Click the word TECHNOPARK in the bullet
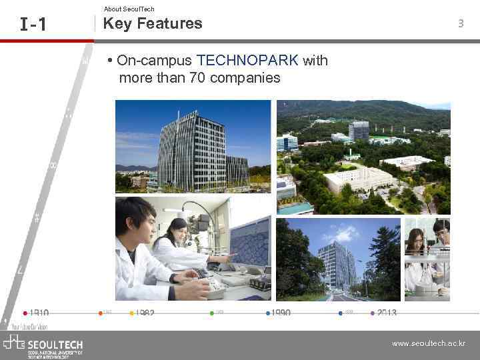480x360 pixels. click(248, 61)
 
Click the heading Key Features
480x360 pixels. click(153, 23)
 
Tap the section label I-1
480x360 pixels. click(33, 25)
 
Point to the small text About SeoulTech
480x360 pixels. click(129, 9)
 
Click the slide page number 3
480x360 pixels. click(460, 24)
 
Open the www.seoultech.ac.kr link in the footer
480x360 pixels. click(429, 344)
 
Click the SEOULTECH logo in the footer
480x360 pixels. click(43, 345)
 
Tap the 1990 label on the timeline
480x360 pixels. click(281, 313)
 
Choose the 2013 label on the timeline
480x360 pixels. click(387, 313)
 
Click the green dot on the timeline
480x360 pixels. click(212, 312)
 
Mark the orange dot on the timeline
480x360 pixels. click(99, 312)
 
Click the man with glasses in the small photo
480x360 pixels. click(441, 233)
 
